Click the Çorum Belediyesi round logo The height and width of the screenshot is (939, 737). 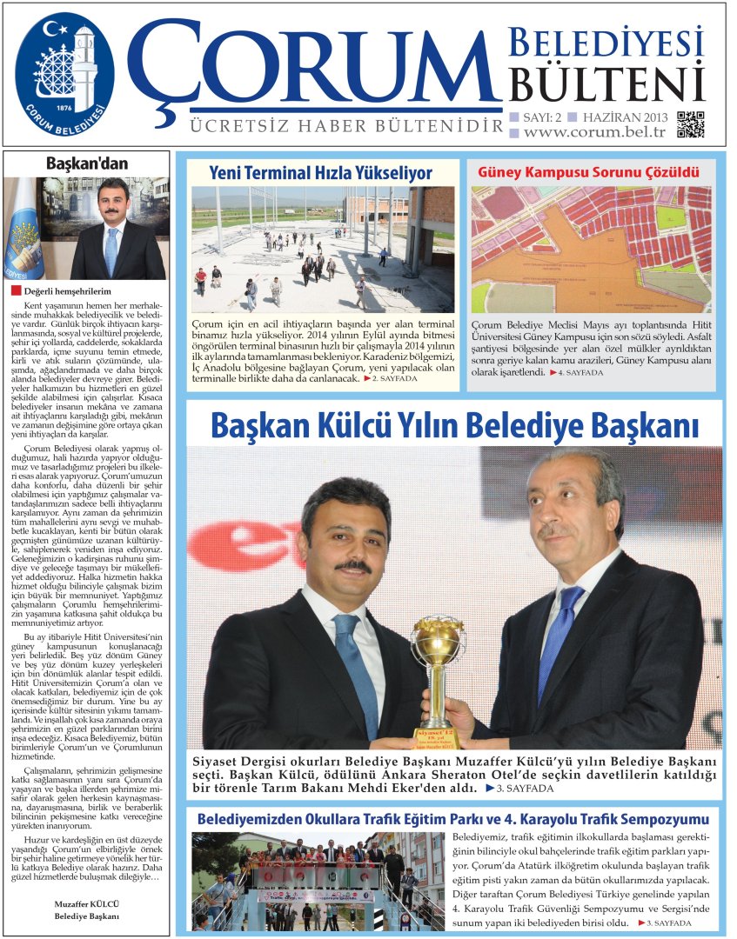tap(64, 73)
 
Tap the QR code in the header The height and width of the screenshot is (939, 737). tap(690, 124)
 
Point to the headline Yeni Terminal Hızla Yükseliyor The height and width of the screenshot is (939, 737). tap(320, 172)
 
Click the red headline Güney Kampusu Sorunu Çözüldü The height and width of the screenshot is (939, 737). tap(589, 172)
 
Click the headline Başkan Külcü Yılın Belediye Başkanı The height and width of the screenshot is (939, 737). tap(455, 425)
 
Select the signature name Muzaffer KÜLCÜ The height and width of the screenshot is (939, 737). tap(86, 904)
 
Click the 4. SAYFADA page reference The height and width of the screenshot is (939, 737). tap(577, 371)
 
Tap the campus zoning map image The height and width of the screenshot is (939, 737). tap(591, 249)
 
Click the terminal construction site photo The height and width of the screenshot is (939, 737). tap(322, 249)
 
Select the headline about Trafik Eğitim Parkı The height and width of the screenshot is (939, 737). tap(452, 819)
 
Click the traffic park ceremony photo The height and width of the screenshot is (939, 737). tap(318, 881)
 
